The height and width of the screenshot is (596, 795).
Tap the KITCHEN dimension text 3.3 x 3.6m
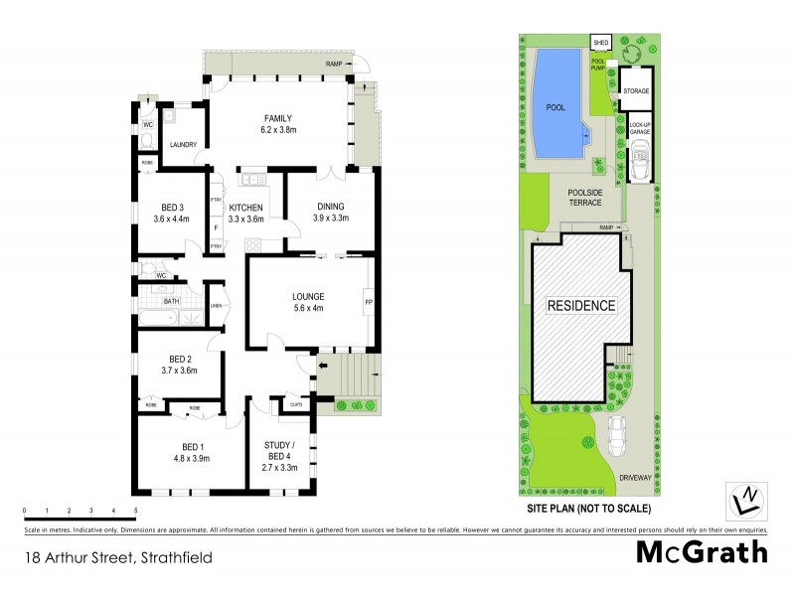[x=245, y=220]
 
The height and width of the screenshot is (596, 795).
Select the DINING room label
[x=331, y=207]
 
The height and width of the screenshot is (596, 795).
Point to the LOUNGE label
[x=307, y=296]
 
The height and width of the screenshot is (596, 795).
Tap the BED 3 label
[x=171, y=207]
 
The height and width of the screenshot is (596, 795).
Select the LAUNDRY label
[x=184, y=145]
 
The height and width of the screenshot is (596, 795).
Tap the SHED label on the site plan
[x=600, y=43]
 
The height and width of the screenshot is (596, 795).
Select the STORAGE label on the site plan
[x=636, y=90]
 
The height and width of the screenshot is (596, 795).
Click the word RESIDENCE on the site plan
[x=581, y=306]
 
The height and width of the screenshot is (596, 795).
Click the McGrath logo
[x=702, y=552]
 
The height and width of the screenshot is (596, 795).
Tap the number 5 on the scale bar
[x=135, y=510]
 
